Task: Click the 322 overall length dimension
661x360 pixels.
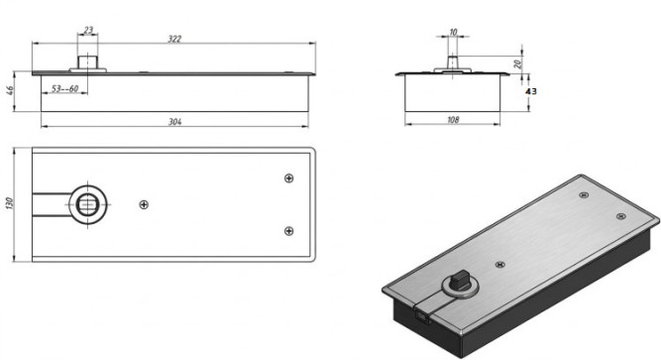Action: point(174,39)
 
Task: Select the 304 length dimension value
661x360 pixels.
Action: point(175,122)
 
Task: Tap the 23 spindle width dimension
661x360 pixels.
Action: point(88,30)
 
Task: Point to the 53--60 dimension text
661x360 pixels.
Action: point(65,88)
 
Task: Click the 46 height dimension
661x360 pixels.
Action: point(10,90)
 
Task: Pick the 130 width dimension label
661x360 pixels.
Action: point(10,203)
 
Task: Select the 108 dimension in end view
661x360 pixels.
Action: point(453,120)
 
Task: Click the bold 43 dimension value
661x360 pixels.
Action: point(531,91)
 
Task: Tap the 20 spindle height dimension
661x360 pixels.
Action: point(518,63)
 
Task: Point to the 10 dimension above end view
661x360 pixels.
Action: point(453,32)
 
